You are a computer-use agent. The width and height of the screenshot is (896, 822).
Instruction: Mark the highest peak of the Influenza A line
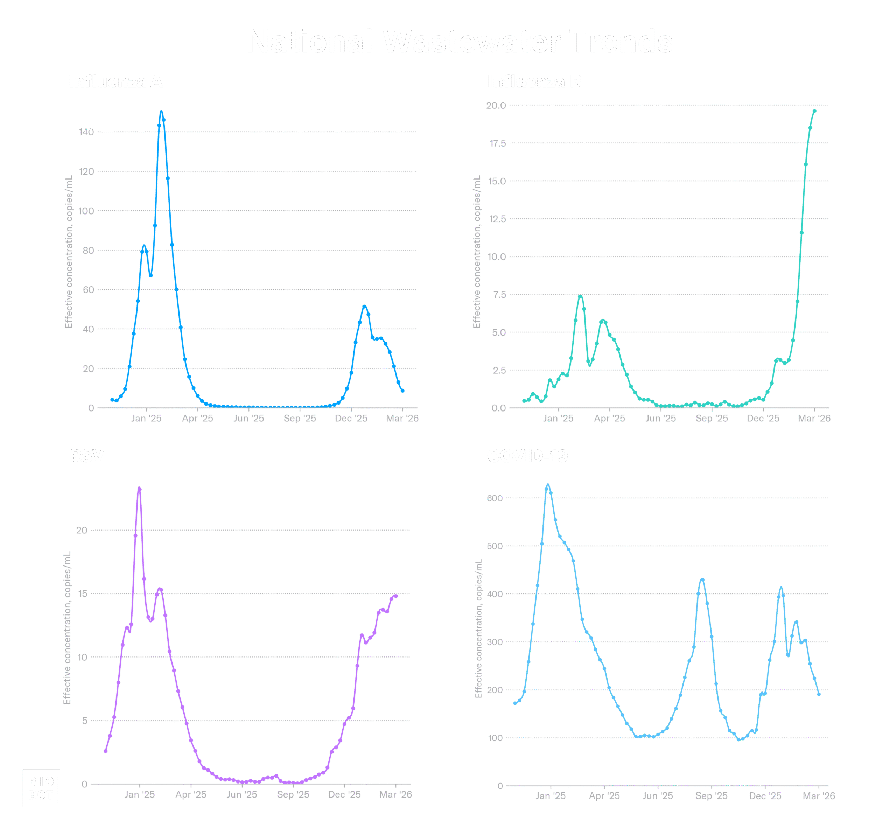click(x=161, y=112)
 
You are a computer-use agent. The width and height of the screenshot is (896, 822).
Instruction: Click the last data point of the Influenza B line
click(x=814, y=111)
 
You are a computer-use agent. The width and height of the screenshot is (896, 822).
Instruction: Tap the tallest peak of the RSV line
click(x=139, y=489)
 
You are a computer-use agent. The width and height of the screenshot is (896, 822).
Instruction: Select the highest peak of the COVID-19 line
click(x=548, y=486)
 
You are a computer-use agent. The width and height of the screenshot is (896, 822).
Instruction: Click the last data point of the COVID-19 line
click(x=819, y=694)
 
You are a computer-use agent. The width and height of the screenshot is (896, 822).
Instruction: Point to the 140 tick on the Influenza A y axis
click(x=86, y=132)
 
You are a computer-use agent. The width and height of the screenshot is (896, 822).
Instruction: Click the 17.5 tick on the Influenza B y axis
click(x=497, y=143)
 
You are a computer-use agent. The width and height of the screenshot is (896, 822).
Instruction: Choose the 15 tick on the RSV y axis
click(x=82, y=594)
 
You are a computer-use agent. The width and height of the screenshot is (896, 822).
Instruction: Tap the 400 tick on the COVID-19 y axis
click(x=495, y=594)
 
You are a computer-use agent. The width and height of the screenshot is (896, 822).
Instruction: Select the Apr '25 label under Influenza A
click(x=197, y=419)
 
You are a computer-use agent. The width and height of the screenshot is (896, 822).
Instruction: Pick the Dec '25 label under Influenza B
click(x=763, y=419)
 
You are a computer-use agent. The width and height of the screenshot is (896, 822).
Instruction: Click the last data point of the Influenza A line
click(x=402, y=391)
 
